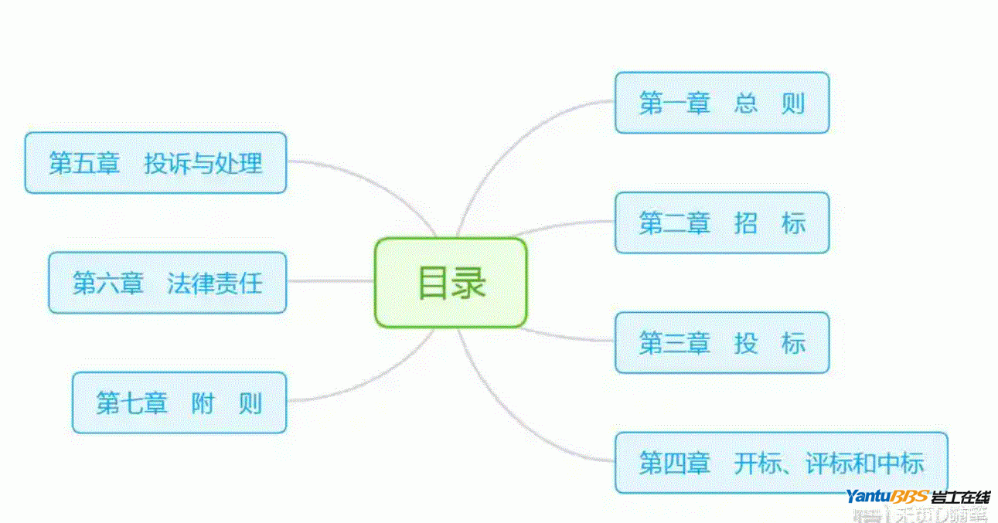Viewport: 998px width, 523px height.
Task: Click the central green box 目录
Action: (451, 283)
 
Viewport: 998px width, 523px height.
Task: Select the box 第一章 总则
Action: (721, 103)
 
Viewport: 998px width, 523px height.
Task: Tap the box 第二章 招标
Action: (721, 222)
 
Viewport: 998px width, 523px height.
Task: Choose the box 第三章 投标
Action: (721, 343)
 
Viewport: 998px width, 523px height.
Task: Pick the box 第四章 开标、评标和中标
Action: (781, 463)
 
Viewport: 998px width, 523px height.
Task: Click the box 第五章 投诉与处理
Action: (155, 162)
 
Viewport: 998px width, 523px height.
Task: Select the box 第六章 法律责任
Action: (167, 283)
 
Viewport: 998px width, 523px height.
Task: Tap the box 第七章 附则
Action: (179, 402)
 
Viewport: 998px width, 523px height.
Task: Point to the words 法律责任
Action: (215, 283)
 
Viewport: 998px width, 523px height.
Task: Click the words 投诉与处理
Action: (203, 162)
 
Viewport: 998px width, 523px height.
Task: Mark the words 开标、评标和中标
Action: (829, 463)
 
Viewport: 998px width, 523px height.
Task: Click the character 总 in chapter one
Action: (746, 103)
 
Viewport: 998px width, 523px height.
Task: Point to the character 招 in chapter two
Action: (746, 222)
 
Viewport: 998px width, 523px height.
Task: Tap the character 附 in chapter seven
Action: (203, 402)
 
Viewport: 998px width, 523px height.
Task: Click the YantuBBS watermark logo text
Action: (887, 496)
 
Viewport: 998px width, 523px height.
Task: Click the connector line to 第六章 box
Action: (330, 281)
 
